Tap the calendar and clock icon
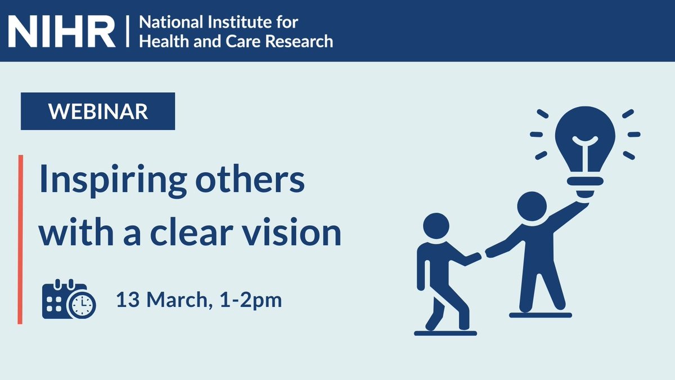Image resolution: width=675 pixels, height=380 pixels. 69,299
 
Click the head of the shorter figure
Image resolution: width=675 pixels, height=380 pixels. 436,228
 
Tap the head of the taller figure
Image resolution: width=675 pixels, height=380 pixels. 531,207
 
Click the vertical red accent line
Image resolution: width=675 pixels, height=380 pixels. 20,239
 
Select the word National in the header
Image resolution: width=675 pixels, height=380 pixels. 164,23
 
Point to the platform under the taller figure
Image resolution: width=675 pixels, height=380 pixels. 540,315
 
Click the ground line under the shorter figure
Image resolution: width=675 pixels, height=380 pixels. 445,333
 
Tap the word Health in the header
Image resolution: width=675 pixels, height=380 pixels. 157,41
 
